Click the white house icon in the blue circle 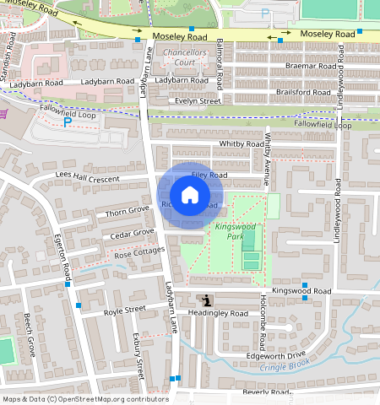191,195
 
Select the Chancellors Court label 184,57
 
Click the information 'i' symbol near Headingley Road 208,300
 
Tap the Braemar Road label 310,66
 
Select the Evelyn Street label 197,101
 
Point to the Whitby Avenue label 267,159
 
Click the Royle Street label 124,310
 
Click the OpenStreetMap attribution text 85,399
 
